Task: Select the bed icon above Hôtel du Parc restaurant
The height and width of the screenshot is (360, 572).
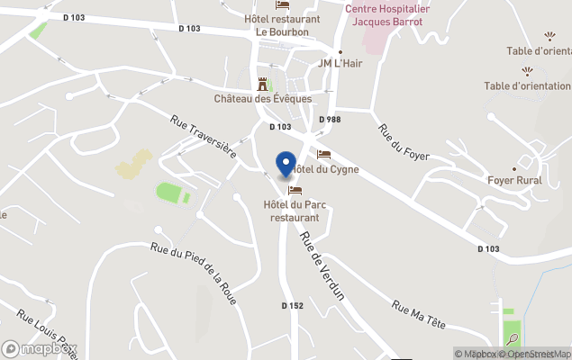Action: [295, 191]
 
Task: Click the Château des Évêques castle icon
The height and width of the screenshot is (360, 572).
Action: [263, 84]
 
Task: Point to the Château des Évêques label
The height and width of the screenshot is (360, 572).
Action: [263, 98]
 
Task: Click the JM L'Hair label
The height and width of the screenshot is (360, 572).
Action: [340, 64]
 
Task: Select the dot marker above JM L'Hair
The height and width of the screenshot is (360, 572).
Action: [340, 51]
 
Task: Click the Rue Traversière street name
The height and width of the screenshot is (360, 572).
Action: [203, 137]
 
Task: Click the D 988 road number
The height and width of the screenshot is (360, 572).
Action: [330, 120]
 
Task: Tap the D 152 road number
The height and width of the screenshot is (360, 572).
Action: [292, 306]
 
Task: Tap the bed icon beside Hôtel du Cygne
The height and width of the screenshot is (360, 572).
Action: [323, 155]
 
